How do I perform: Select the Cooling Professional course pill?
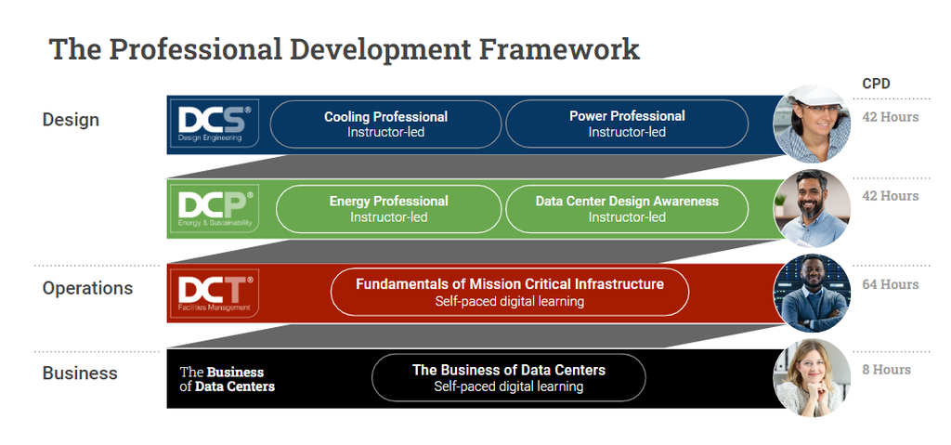(x=385, y=124)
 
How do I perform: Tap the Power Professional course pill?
(x=627, y=124)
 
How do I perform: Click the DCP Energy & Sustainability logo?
(x=215, y=208)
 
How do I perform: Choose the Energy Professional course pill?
(x=389, y=209)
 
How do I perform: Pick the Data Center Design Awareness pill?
(x=627, y=209)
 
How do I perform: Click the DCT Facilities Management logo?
(x=215, y=293)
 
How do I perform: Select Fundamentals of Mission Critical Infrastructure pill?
(x=510, y=292)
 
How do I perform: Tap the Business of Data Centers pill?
(x=509, y=377)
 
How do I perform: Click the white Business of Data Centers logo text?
(x=228, y=379)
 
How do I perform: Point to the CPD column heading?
(x=876, y=84)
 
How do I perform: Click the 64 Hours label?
(x=891, y=284)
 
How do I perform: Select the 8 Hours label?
(x=886, y=369)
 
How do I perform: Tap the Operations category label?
(x=87, y=288)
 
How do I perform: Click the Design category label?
(x=71, y=120)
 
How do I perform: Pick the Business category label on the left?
(x=80, y=373)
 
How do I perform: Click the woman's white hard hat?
(x=815, y=97)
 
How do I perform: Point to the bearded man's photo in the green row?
(x=812, y=208)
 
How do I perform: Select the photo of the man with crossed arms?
(x=812, y=293)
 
